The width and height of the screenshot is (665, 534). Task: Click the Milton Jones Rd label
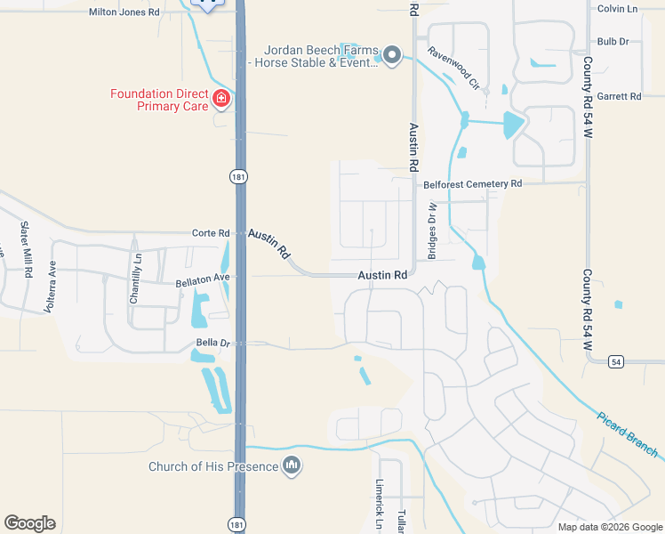124,12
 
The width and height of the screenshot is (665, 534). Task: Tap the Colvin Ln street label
618,9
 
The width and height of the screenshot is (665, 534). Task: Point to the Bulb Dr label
613,41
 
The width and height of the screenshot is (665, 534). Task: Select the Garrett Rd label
619,96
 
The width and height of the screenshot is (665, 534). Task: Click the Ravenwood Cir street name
453,69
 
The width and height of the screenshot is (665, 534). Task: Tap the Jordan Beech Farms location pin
391,58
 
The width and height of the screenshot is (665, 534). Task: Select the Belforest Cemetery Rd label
472,183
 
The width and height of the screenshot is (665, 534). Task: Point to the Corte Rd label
211,233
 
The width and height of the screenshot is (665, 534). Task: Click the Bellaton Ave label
203,278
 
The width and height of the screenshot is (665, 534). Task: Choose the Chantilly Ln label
136,279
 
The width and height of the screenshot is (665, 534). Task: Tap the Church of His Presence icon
292,465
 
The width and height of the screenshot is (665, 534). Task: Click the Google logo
29,523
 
